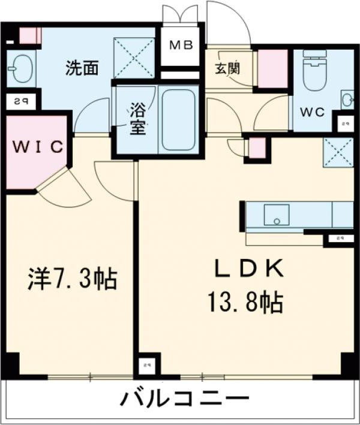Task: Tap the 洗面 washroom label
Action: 82,68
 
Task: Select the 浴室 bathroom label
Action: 138,119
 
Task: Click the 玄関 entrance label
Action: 228,68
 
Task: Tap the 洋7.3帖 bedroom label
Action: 72,279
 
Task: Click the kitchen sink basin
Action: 277,214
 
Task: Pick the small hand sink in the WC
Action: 347,98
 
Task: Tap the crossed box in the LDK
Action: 338,151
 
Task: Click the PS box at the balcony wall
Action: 146,364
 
